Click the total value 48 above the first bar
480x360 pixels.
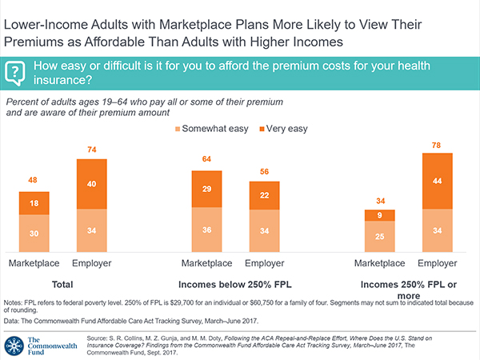point(34,182)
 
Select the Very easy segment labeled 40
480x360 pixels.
point(92,184)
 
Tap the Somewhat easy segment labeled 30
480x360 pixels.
point(34,234)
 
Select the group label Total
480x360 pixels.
point(62,284)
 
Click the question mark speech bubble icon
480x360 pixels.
point(14,74)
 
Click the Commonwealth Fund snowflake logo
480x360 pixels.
point(14,345)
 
